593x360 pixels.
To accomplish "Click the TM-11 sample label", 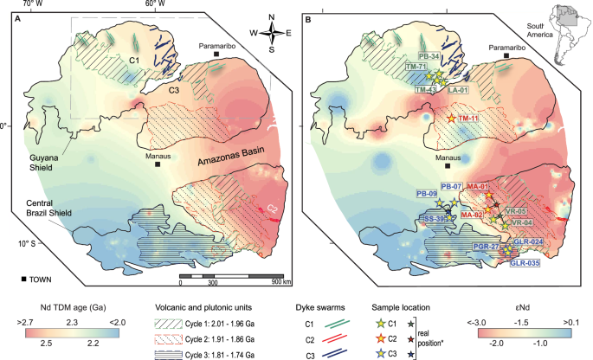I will tap(470, 117).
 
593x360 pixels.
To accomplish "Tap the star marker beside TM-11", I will tap(450, 118).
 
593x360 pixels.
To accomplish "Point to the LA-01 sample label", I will tap(458, 89).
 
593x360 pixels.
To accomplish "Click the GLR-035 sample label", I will tap(525, 262).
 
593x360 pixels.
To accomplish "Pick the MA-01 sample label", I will tap(479, 186).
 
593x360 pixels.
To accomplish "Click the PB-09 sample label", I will tap(426, 194).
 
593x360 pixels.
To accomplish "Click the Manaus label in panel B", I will tap(448, 158).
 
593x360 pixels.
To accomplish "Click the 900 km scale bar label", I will tap(279, 282).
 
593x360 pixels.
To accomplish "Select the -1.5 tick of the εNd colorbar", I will tap(521, 320).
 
